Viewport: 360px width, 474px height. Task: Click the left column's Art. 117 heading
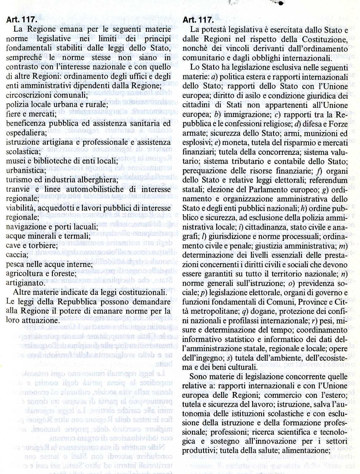[22, 21]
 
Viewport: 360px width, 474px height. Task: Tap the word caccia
[15, 255]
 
